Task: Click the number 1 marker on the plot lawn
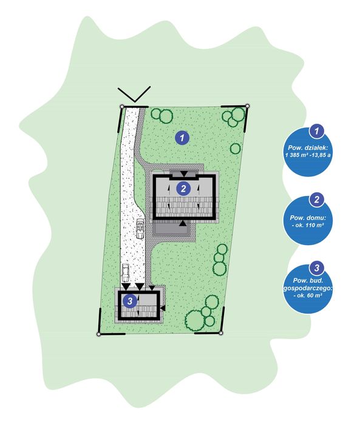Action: coord(182,138)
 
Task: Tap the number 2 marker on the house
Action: coord(183,188)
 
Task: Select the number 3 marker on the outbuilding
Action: coord(130,300)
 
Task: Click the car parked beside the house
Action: coord(140,229)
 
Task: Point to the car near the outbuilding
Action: coord(126,272)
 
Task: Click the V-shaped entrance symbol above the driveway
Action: coord(134,94)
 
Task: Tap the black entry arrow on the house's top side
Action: coord(184,173)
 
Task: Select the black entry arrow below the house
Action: coord(183,223)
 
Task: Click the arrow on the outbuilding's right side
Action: coord(163,308)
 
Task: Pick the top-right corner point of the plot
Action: coord(247,106)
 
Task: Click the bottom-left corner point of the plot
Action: coord(98,334)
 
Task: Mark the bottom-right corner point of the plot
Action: coord(220,333)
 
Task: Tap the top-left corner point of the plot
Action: coord(122,107)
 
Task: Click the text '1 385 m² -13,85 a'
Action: coord(308,155)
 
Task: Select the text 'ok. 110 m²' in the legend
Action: coord(310,225)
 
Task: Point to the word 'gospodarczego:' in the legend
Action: coord(308,288)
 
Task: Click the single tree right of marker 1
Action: coord(235,149)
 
